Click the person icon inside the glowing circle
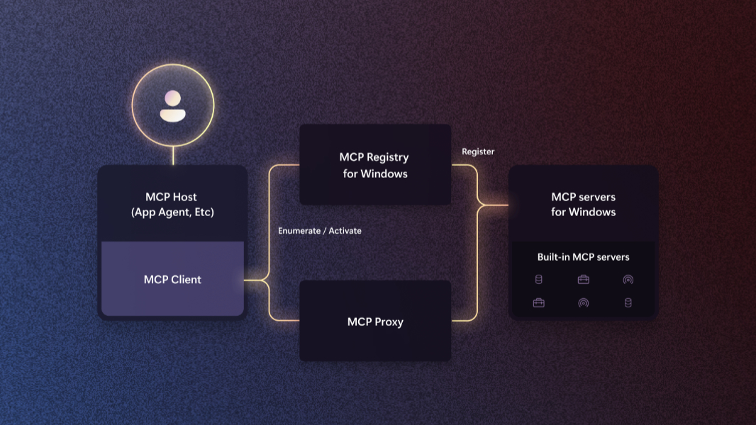click(172, 106)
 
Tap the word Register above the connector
click(478, 152)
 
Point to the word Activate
click(345, 231)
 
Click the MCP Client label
click(172, 279)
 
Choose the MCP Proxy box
click(375, 322)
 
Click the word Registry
click(387, 157)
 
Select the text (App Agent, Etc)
click(172, 212)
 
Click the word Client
click(186, 279)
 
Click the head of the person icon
click(172, 98)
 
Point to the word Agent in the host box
click(177, 212)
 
